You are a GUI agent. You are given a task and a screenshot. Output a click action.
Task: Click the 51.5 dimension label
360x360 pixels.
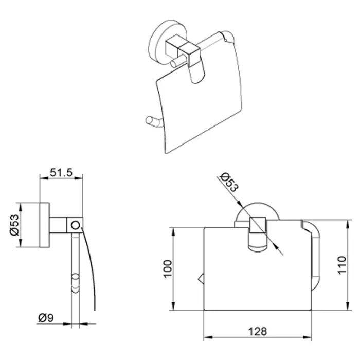point(61,172)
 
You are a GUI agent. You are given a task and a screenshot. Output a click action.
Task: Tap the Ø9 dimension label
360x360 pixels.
point(46,318)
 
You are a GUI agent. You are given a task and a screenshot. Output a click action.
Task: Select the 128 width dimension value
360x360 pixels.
point(257,331)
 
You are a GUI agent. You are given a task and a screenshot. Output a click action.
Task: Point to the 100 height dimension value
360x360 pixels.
point(168,269)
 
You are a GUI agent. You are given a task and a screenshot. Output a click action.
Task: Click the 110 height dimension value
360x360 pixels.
point(341,265)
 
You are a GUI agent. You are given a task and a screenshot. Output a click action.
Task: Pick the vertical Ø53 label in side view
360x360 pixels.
point(14,225)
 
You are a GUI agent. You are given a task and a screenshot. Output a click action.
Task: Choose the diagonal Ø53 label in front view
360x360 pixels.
point(229,183)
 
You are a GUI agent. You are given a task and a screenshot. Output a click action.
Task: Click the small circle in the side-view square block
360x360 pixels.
point(75,225)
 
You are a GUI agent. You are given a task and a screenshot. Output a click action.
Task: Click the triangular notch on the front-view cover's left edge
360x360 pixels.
point(201,279)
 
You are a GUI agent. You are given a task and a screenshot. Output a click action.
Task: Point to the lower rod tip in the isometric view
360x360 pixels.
point(149,120)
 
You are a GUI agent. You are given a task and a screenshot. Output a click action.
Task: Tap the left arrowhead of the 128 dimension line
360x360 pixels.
point(208,337)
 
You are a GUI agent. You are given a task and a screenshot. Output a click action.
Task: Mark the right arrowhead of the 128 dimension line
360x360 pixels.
point(307,337)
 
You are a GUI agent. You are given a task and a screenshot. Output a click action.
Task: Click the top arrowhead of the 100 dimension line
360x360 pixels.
point(173,232)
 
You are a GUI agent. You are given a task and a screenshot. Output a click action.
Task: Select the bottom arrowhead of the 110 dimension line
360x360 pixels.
point(348,306)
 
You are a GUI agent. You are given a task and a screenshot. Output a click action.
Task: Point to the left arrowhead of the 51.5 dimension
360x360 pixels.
point(44,178)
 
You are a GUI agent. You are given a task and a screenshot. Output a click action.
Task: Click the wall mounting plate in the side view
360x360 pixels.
point(45,225)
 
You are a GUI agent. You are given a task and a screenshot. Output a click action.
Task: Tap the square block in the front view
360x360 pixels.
point(257,225)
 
